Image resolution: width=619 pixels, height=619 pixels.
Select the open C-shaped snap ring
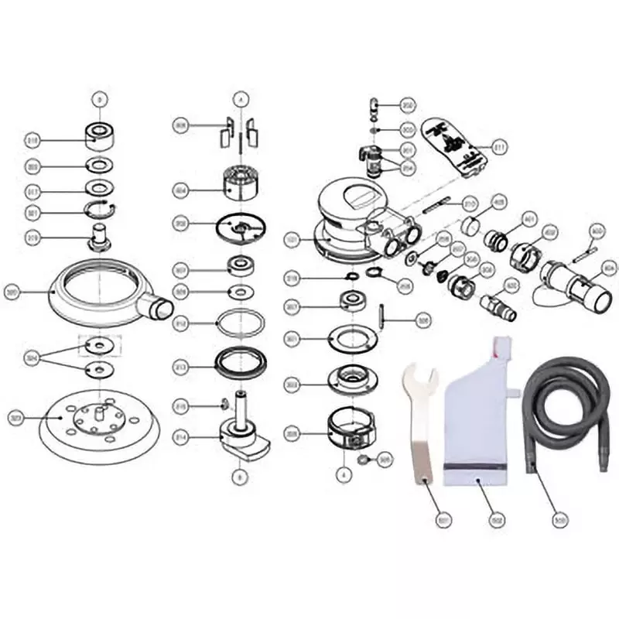click(101, 210)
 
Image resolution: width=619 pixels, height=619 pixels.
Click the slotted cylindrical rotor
click(240, 183)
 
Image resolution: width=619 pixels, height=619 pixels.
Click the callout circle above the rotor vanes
click(241, 99)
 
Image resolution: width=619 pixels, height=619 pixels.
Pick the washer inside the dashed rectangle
click(100, 344)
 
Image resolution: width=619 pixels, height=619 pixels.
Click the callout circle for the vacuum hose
click(559, 520)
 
